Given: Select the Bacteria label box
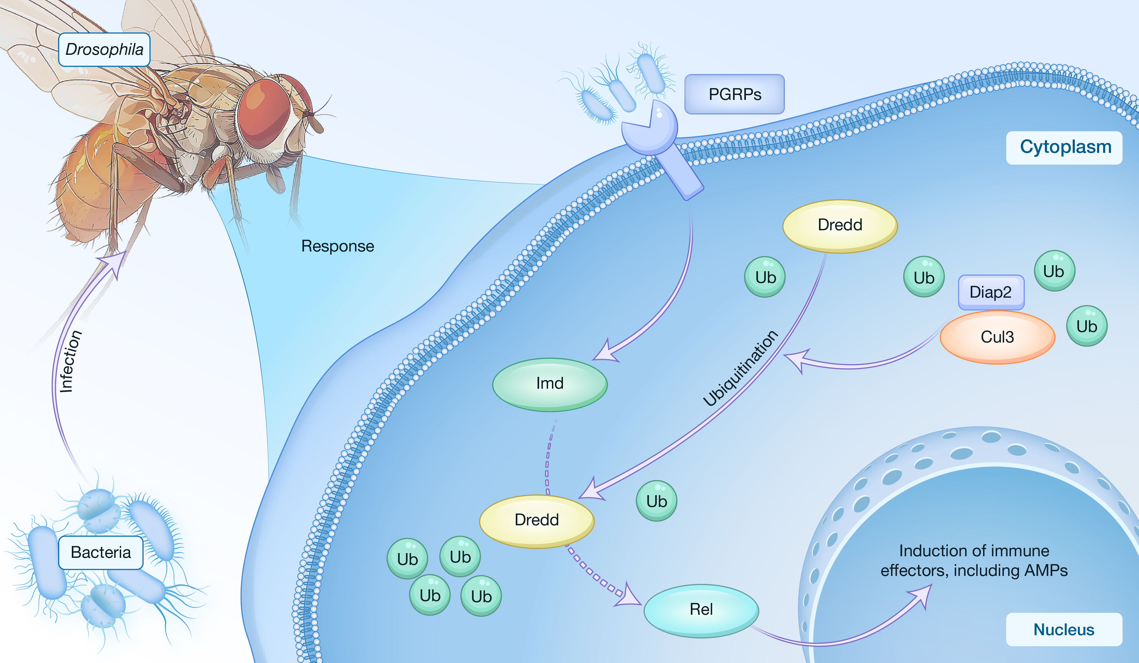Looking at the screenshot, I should click(x=101, y=552).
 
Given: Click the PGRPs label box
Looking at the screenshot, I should click(x=734, y=94).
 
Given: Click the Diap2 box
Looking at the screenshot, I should click(x=991, y=292).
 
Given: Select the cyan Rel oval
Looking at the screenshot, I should click(x=701, y=610).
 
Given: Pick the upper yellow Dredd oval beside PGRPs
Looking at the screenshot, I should click(x=840, y=225).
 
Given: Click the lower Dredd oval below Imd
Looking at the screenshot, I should click(x=536, y=521).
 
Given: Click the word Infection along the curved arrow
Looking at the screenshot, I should click(x=70, y=362).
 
